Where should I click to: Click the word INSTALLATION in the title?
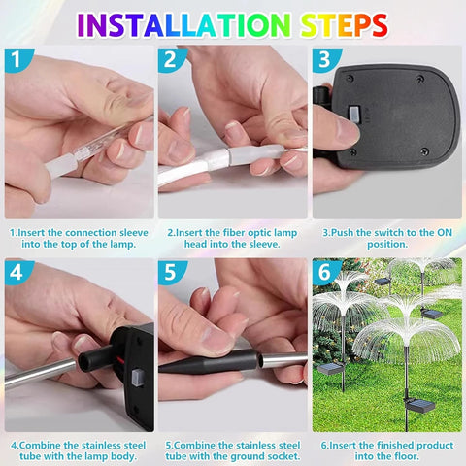[x=184, y=25]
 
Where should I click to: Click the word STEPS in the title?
[x=344, y=25]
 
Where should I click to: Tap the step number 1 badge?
[x=17, y=60]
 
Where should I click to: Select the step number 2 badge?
[x=172, y=60]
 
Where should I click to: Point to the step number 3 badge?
[x=326, y=60]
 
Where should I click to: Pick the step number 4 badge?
[x=17, y=273]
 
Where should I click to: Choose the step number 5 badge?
[x=172, y=273]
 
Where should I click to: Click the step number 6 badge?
[x=326, y=273]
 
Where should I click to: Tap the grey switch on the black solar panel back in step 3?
[x=354, y=114]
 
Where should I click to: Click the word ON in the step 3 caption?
[x=445, y=233]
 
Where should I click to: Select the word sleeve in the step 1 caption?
[x=134, y=233]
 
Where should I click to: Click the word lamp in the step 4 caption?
[x=96, y=456]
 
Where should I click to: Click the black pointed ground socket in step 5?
[x=209, y=361]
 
